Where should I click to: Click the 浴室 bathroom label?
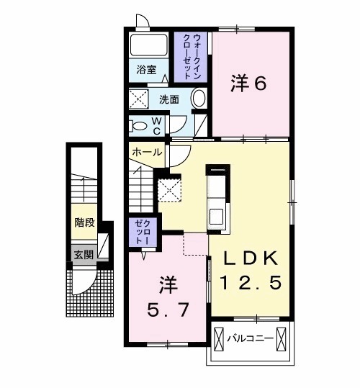(x=148, y=71)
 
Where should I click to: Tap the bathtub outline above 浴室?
(x=148, y=45)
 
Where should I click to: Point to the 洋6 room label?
(x=248, y=84)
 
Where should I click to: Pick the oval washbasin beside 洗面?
(x=199, y=99)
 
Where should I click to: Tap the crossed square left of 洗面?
(x=138, y=99)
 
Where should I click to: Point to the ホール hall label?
(x=147, y=153)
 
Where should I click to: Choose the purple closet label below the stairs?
(x=139, y=233)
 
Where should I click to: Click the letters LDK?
(x=249, y=258)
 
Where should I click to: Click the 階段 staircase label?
(x=84, y=222)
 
